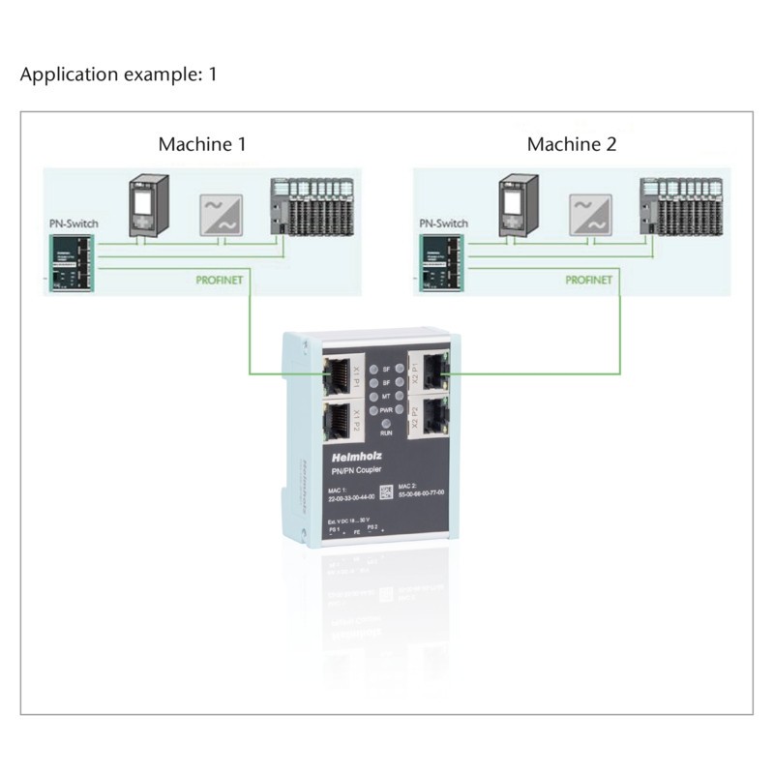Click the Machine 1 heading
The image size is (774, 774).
click(201, 144)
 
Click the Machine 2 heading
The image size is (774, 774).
click(571, 144)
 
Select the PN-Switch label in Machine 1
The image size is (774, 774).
click(74, 223)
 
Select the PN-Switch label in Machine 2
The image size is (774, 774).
click(443, 223)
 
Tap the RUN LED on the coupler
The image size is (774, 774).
click(386, 426)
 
